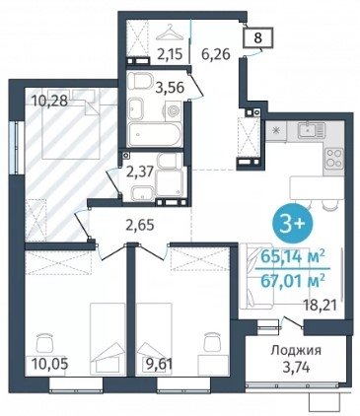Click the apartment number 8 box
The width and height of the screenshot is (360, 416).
coord(258,37)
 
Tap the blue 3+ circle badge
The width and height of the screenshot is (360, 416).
coord(293,226)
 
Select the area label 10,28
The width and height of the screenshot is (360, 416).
coord(50,101)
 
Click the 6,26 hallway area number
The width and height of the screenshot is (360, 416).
coord(215,53)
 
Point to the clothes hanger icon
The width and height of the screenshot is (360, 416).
coord(169,32)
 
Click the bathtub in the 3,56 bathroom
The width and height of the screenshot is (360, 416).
coord(154,135)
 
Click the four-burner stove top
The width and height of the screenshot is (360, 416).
coord(333,159)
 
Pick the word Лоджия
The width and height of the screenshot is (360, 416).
coord(296,351)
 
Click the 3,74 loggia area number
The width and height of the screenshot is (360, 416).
coord(296,367)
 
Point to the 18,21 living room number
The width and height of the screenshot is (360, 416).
coord(321,306)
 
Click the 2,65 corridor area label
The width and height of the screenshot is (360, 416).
coord(140,226)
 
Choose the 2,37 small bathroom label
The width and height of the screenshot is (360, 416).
coord(140,172)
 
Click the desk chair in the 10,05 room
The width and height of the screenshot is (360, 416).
coord(44,342)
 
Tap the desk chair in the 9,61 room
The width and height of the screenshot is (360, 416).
coord(212,342)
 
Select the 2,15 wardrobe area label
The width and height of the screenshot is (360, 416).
coord(170,54)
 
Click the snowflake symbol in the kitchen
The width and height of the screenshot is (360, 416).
coord(276,130)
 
